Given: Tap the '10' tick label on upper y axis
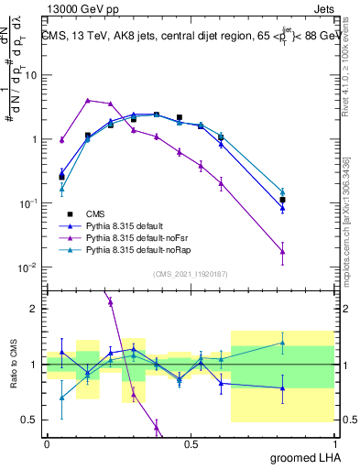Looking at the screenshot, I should pyautogui.click(x=31, y=75).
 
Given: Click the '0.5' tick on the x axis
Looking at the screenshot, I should pyautogui.click(x=191, y=443).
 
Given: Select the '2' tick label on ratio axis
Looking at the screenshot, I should pyautogui.click(x=34, y=309).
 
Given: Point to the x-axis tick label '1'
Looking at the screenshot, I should pyautogui.click(x=336, y=443).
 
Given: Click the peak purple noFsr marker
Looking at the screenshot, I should pyautogui.click(x=87, y=100).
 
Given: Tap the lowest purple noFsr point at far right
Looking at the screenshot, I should pyautogui.click(x=282, y=251).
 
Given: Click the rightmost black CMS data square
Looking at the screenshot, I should pyautogui.click(x=282, y=200).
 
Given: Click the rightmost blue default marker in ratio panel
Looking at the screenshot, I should pyautogui.click(x=282, y=387).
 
